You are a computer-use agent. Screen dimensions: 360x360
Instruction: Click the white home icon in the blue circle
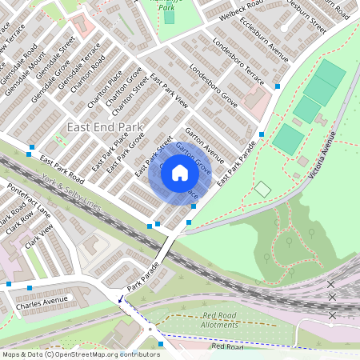point(180,172)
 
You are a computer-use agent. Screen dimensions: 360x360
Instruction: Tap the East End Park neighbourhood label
point(105,127)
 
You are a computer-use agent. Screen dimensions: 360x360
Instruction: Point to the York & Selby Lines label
point(72,195)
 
